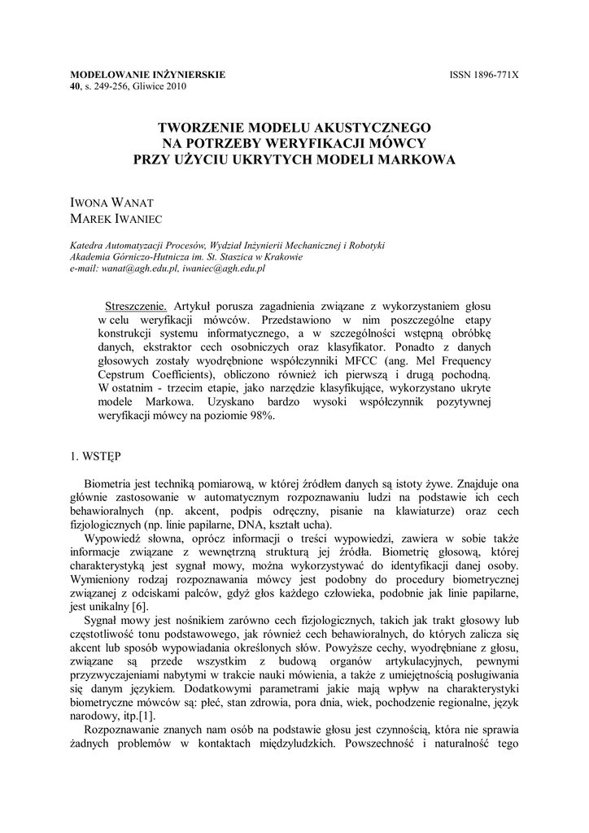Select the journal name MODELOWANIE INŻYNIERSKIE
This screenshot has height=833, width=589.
tap(147, 75)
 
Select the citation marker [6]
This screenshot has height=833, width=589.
tap(140, 605)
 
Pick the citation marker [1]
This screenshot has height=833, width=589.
tap(145, 715)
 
